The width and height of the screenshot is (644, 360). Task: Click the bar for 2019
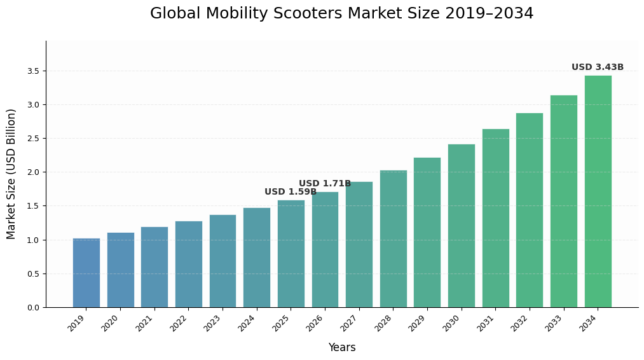click(86, 273)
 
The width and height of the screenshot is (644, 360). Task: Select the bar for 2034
click(598, 191)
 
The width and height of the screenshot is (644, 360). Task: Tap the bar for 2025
click(291, 254)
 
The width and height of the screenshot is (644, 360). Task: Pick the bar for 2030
click(461, 226)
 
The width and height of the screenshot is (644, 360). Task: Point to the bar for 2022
click(188, 264)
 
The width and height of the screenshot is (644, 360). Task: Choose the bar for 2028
click(393, 239)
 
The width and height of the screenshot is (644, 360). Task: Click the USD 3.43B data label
click(597, 67)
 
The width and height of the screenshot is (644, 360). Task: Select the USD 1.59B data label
click(290, 192)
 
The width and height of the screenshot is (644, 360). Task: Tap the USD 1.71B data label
click(324, 184)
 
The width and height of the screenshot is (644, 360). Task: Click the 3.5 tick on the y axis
click(32, 71)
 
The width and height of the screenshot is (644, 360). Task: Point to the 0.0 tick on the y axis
click(32, 308)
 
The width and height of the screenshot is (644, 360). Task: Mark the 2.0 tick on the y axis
click(32, 172)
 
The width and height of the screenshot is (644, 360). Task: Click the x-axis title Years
click(341, 348)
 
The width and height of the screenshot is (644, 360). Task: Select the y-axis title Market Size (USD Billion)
click(11, 174)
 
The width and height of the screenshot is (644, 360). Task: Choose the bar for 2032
click(529, 210)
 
